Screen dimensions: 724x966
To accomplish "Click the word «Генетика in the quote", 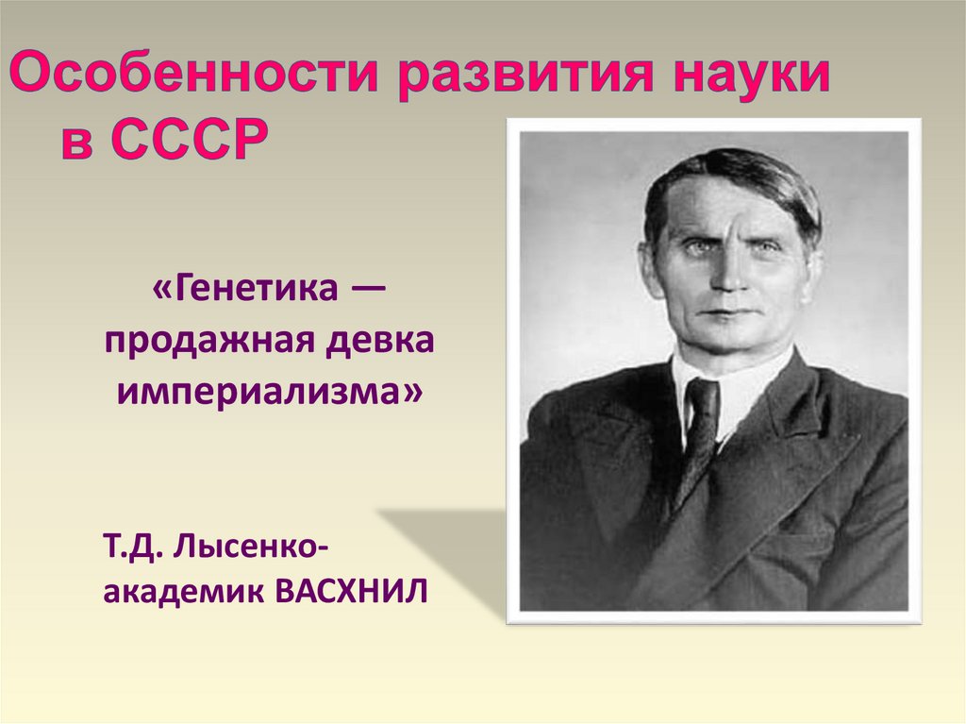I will (x=241, y=288).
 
